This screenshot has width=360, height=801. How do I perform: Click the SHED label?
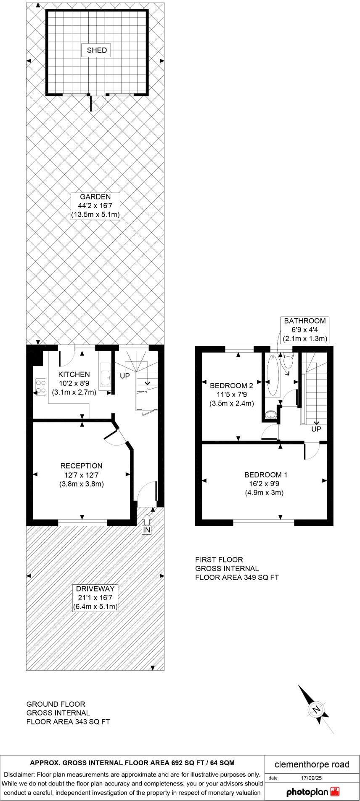tap(97, 50)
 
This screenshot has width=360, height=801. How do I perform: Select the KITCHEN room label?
tap(74, 374)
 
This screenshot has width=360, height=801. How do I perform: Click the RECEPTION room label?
tap(82, 466)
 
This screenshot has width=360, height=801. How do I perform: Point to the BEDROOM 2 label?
tap(231, 385)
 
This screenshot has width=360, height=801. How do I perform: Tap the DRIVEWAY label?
tap(95, 589)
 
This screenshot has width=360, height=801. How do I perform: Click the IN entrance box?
tap(146, 530)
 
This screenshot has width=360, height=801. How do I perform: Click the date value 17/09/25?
tap(311, 778)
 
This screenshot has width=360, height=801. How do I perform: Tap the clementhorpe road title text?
tap(312, 764)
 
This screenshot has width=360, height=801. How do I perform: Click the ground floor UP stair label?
tap(125, 376)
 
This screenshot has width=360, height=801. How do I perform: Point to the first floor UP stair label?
tap(316, 429)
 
